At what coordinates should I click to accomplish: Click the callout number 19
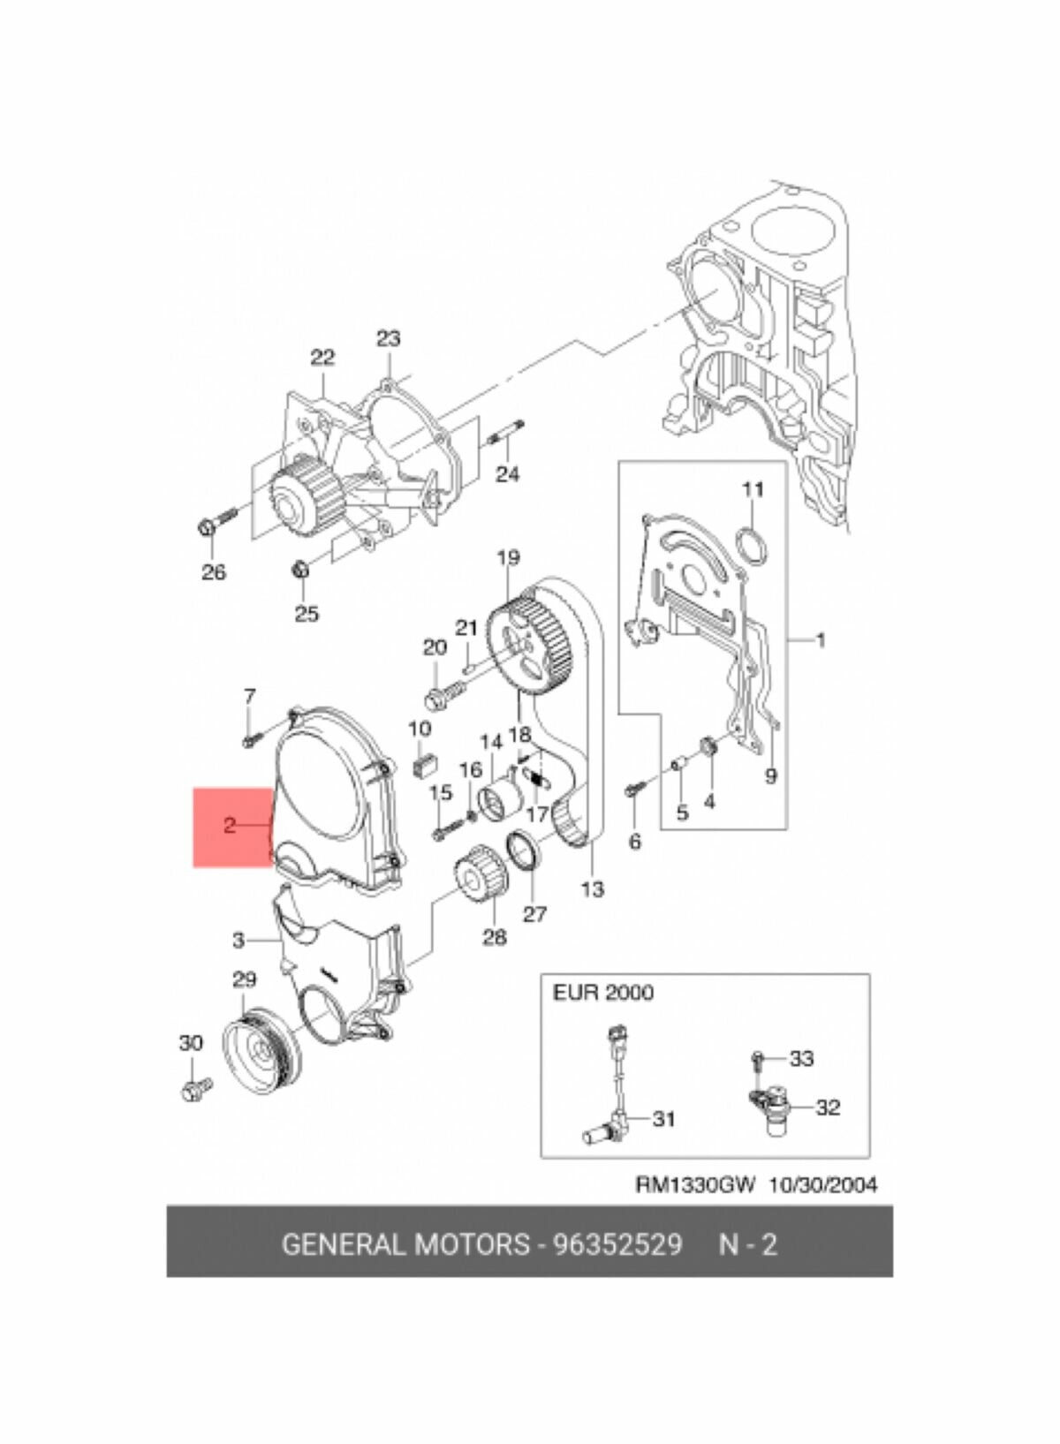point(508,557)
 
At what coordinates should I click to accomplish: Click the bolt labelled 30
point(194,1088)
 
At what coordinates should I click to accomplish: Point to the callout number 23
point(388,338)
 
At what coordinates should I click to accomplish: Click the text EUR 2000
point(603,993)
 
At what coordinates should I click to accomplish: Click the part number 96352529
point(617,1244)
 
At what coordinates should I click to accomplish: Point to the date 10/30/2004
point(822,1185)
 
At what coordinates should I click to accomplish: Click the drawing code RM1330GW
point(696,1185)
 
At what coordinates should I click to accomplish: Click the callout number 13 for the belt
point(592,888)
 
